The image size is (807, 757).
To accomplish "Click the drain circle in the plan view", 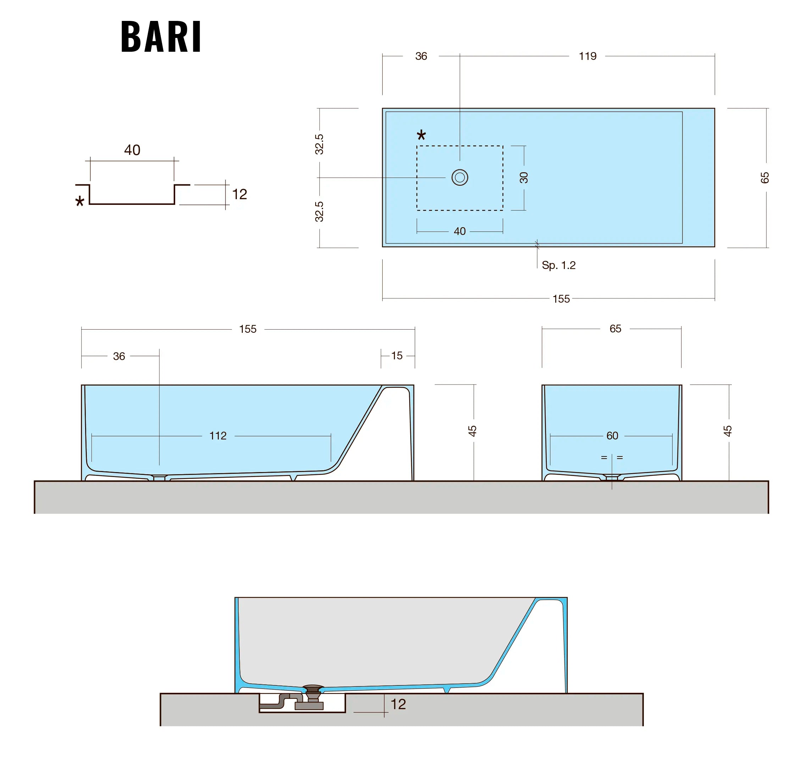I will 460,177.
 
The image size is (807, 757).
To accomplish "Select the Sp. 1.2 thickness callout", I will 558,265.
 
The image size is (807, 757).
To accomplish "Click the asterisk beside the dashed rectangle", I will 421,135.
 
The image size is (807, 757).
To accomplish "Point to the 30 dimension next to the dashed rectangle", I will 524,177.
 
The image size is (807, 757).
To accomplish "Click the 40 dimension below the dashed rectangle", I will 460,231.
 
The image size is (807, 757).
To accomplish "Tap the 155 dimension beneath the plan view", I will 561,299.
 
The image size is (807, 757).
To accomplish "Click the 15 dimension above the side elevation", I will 397,356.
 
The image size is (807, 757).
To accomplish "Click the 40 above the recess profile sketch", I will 132,150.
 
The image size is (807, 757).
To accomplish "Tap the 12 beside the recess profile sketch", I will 239,194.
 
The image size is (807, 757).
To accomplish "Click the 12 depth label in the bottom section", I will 398,704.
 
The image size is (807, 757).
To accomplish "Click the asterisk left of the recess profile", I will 80,201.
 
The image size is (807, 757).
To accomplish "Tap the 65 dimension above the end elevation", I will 615,329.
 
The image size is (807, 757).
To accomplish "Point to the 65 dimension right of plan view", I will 764,178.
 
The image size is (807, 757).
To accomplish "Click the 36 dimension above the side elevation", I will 119,356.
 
